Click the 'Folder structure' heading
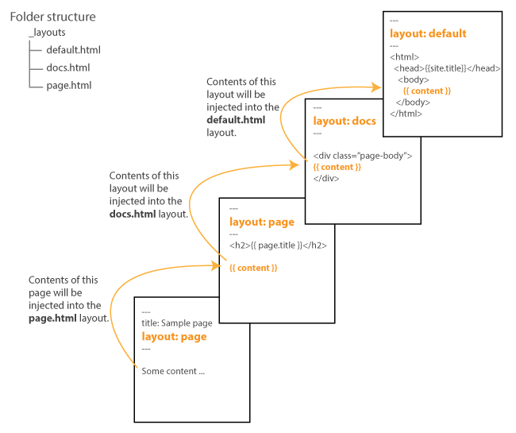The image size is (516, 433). coord(52,17)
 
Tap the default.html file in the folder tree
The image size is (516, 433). coord(73,50)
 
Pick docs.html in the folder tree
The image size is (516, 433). coord(67,68)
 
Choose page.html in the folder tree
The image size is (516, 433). coord(68,85)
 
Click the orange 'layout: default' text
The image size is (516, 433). coord(428,33)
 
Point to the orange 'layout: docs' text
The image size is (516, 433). coord(345,121)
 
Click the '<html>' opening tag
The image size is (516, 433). coord(405,57)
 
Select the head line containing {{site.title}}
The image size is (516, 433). coord(447,68)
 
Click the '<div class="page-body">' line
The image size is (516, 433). coord(363,156)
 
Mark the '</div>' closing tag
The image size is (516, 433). coord(326,178)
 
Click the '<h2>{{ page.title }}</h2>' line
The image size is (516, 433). coord(278,245)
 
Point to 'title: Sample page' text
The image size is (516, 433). coord(176,323)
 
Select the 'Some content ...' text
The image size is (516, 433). coord(173,371)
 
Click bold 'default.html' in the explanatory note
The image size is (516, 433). coord(236,120)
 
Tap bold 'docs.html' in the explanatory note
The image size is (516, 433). coord(136,215)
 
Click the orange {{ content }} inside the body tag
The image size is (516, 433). coord(427,91)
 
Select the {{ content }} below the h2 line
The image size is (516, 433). coord(253,269)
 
